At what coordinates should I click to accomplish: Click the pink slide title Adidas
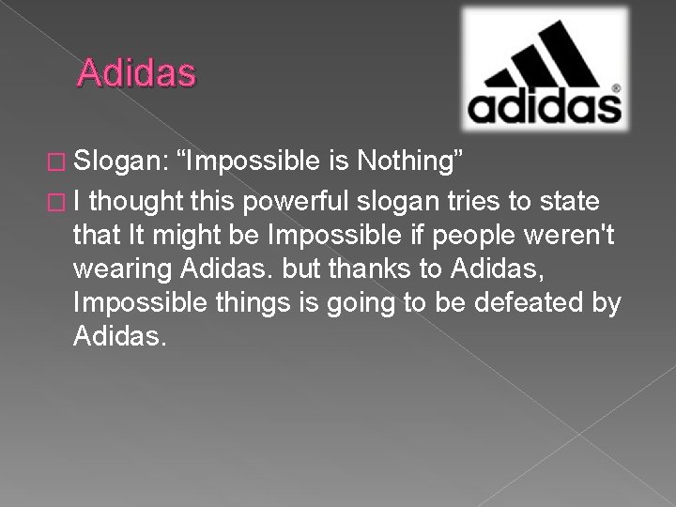[137, 73]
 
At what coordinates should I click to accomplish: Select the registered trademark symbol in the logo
[615, 89]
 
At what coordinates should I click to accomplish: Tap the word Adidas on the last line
[118, 336]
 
